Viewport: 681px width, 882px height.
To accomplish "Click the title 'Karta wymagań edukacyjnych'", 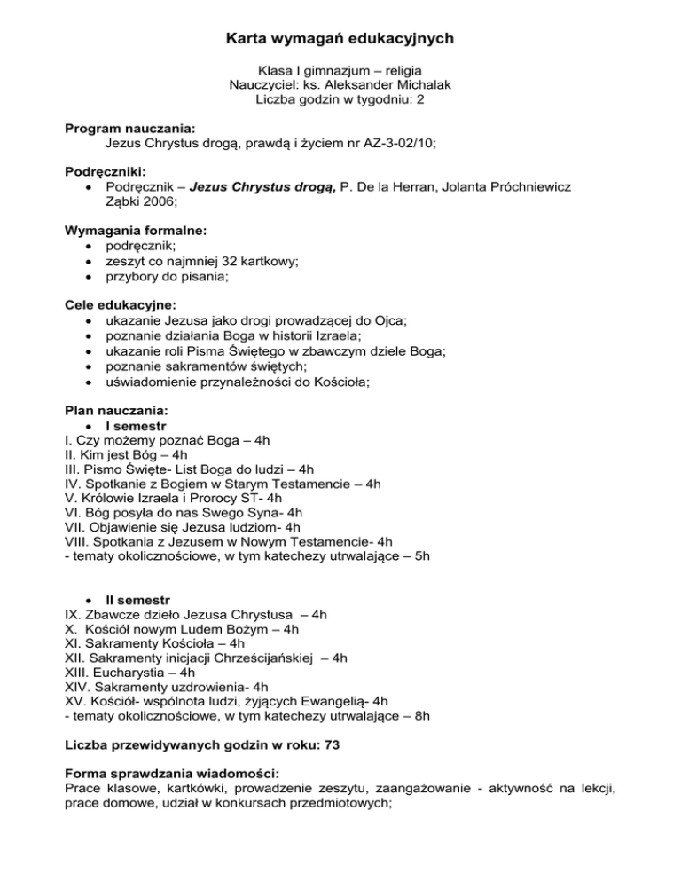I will pos(340,38).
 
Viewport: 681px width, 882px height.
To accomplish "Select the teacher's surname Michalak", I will pos(421,85).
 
